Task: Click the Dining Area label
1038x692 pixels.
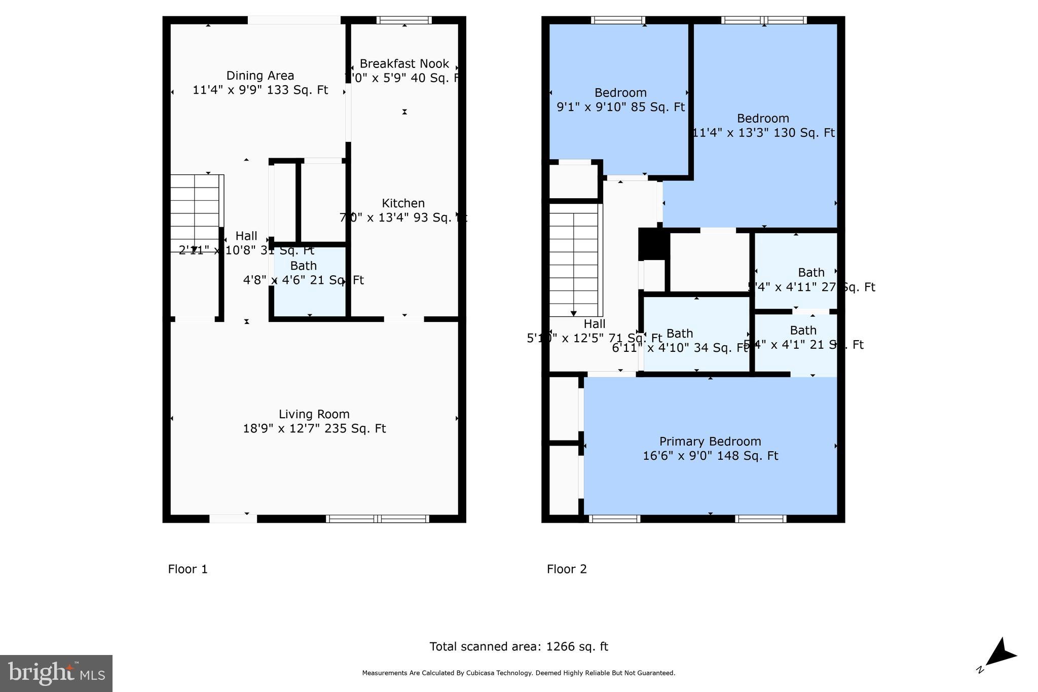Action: coord(260,76)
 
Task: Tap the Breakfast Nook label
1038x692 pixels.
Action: coord(404,64)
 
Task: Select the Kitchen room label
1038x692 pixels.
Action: coord(403,203)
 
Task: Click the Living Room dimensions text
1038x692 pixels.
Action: coord(314,429)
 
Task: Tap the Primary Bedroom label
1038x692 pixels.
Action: coord(710,442)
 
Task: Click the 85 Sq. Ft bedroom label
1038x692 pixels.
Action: coord(620,93)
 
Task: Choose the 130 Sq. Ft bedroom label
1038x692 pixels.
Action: coord(763,119)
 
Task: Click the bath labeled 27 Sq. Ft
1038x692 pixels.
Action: coord(811,273)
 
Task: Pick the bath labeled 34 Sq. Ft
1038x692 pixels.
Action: coord(680,334)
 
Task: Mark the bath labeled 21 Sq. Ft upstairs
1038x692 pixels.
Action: coord(803,331)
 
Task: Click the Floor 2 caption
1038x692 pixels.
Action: coord(567,569)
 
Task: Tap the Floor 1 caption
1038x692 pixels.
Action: coord(188,569)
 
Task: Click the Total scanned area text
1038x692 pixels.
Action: coord(518,647)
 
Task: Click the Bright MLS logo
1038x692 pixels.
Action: coord(56,673)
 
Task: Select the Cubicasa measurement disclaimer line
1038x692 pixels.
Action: coord(518,673)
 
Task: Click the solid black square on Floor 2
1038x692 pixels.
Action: coord(653,244)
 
